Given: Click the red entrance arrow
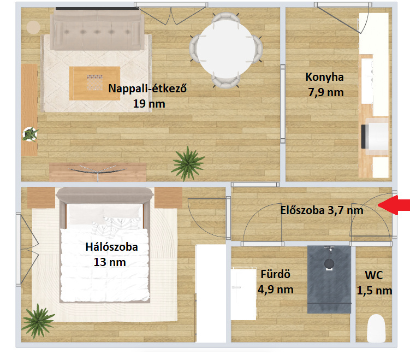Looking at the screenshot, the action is pyautogui.click(x=394, y=205).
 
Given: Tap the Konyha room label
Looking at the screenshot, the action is pyautogui.click(x=324, y=77).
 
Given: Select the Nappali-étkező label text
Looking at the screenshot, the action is pyautogui.click(x=147, y=88).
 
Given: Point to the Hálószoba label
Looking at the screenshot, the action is pyautogui.click(x=112, y=247).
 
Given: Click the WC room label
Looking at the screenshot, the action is pyautogui.click(x=374, y=275).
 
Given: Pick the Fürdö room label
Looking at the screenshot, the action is pyautogui.click(x=276, y=274).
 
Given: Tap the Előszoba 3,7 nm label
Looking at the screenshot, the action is pyautogui.click(x=322, y=210).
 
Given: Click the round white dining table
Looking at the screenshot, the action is pyautogui.click(x=225, y=50).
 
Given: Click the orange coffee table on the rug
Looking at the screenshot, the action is pyautogui.click(x=94, y=83).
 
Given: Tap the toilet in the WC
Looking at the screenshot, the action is pyautogui.click(x=376, y=328).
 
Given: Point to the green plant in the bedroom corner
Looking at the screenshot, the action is pyautogui.click(x=38, y=321).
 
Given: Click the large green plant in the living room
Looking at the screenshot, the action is pyautogui.click(x=188, y=163).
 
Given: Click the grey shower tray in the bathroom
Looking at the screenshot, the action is pyautogui.click(x=329, y=279).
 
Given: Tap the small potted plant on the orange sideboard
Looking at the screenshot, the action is pyautogui.click(x=30, y=134).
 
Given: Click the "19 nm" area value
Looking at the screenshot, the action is pyautogui.click(x=149, y=104).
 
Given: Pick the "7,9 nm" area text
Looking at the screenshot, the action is pyautogui.click(x=326, y=93).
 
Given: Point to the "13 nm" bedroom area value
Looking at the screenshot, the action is pyautogui.click(x=110, y=262).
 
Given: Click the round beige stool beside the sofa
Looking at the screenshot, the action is pyautogui.click(x=33, y=27).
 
